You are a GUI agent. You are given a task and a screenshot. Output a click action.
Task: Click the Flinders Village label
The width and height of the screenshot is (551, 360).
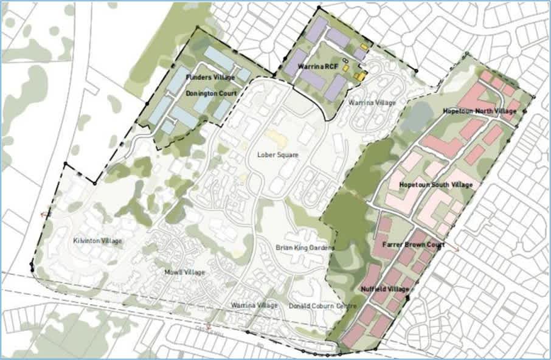pos(210,78)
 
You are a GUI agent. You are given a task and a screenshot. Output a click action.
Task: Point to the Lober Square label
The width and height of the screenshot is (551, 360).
pos(277,155)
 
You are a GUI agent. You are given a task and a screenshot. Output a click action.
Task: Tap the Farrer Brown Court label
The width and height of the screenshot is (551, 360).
pos(413,244)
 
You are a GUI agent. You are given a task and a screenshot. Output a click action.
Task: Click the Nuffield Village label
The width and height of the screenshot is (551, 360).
pos(384,289)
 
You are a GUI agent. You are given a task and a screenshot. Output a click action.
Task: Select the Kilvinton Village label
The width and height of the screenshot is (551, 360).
pos(97,241)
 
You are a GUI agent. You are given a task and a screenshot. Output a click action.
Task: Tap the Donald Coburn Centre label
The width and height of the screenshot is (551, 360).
pos(322,306)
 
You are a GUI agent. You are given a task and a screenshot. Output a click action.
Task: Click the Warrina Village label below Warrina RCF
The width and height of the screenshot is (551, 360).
pos(372,103)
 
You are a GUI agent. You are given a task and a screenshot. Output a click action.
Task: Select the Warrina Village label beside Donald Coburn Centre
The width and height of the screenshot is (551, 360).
pos(254,305)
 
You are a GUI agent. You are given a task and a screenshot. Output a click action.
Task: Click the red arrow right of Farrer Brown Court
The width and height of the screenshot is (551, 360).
pos(456,249)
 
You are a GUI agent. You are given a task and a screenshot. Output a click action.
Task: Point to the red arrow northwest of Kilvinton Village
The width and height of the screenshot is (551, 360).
pos(44,214)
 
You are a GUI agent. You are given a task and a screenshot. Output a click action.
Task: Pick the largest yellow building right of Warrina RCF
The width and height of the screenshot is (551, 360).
pos(360,77)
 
